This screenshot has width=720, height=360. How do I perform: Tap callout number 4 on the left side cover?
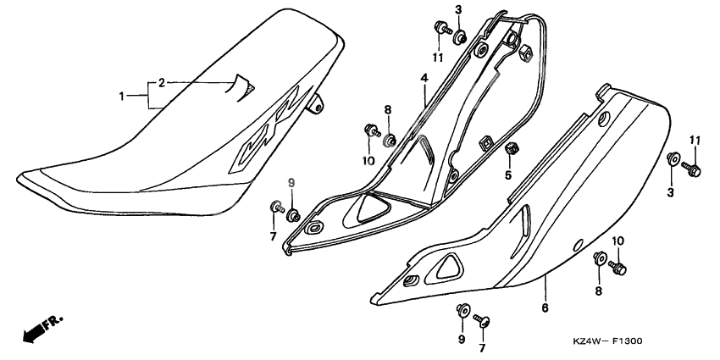point(422,78)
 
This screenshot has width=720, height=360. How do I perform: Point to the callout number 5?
point(509,176)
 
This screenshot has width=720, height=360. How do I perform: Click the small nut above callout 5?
point(511,151)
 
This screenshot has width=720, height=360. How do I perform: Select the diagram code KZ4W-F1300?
point(607,341)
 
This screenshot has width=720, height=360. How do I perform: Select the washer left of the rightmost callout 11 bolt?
point(672,158)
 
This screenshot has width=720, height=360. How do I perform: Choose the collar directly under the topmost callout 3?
point(458,36)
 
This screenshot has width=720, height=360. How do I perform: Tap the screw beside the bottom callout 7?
point(485,319)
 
